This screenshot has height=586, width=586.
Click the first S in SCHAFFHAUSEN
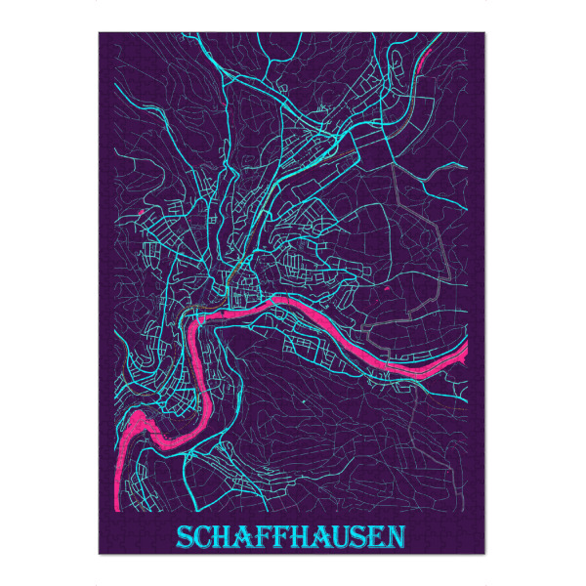click(x=185, y=538)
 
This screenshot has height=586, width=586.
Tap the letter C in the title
click(x=203, y=538)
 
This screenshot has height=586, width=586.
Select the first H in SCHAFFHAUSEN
click(x=223, y=538)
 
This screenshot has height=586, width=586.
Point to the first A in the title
click(x=242, y=538)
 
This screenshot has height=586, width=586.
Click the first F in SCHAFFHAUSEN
click(x=260, y=538)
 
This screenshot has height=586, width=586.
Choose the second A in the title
click(x=315, y=538)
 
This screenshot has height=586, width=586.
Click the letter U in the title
click(x=336, y=538)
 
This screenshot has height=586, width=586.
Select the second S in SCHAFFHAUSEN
click(x=355, y=538)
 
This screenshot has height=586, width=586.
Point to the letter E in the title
click(x=372, y=538)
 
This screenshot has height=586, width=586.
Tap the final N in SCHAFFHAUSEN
click(x=392, y=538)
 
